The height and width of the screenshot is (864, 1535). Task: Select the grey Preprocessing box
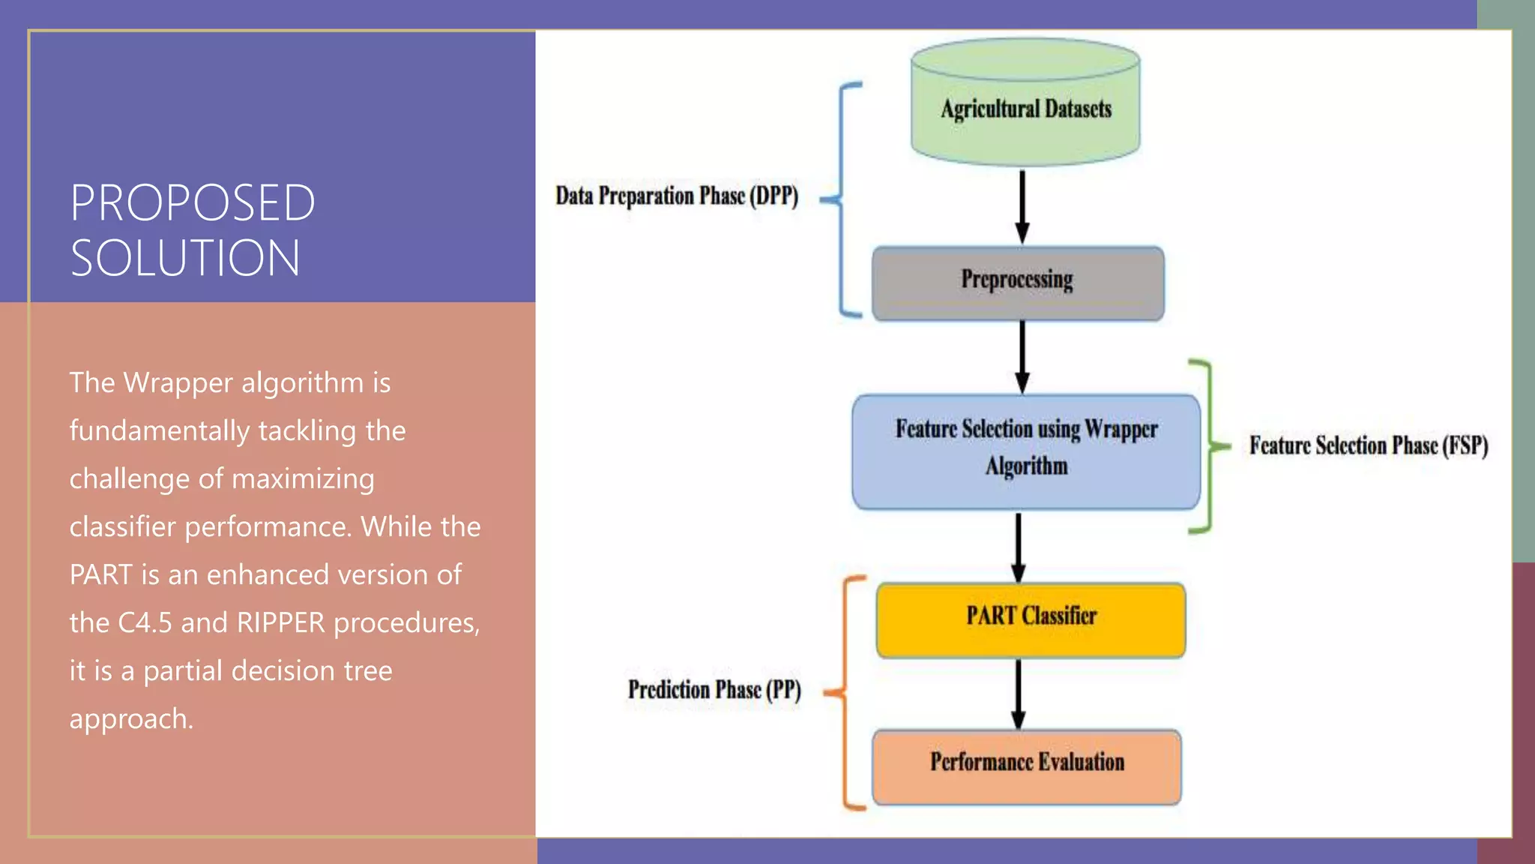click(1018, 283)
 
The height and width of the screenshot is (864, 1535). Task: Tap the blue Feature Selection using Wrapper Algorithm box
click(1025, 451)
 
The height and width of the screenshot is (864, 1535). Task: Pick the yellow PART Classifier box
click(1031, 619)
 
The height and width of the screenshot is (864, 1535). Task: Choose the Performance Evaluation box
click(1026, 766)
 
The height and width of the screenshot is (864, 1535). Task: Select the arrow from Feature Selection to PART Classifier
click(1018, 546)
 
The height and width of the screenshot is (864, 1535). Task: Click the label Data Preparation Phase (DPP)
click(676, 196)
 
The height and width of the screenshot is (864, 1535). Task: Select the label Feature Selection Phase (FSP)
click(1368, 445)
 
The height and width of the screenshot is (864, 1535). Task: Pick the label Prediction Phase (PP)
click(714, 690)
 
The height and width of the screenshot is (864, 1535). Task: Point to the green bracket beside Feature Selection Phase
click(1207, 447)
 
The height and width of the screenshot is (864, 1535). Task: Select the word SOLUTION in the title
click(185, 258)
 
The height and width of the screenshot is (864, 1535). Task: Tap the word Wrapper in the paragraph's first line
click(178, 383)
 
